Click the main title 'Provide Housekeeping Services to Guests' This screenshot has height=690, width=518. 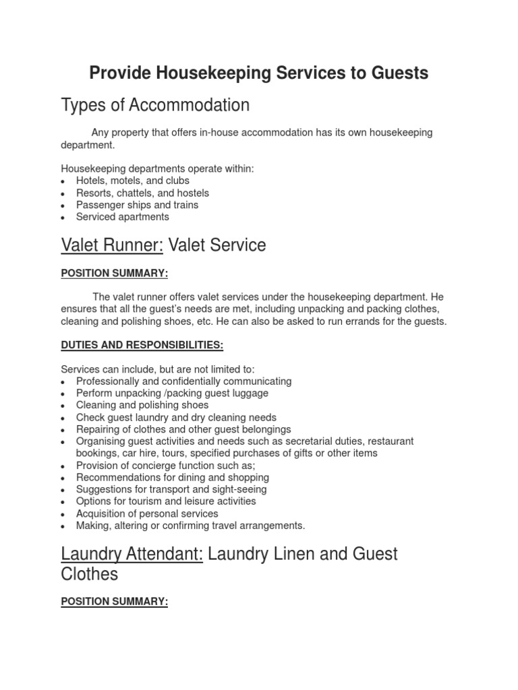[259, 73]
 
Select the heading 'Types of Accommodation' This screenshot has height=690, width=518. [155, 105]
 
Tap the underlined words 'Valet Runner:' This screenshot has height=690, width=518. [112, 245]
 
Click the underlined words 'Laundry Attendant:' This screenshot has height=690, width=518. [132, 554]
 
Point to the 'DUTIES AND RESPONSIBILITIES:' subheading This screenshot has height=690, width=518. [142, 345]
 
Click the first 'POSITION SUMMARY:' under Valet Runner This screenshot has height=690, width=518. [114, 274]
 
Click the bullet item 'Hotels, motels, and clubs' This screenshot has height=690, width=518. [132, 181]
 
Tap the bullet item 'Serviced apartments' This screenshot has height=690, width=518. [122, 217]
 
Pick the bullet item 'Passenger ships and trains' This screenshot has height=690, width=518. [137, 205]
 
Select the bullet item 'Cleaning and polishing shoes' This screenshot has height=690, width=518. [142, 406]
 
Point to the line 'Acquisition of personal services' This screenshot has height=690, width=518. [147, 513]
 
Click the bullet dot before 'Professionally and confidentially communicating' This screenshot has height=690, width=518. [63, 382]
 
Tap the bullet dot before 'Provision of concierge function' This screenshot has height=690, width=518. [63, 466]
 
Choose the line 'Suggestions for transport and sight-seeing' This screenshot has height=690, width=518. [171, 489]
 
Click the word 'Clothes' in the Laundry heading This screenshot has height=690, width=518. [89, 574]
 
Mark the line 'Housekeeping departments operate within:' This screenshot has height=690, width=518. [157, 169]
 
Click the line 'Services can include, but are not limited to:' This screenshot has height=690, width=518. [158, 369]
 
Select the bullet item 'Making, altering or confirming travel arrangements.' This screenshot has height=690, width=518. [190, 526]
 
